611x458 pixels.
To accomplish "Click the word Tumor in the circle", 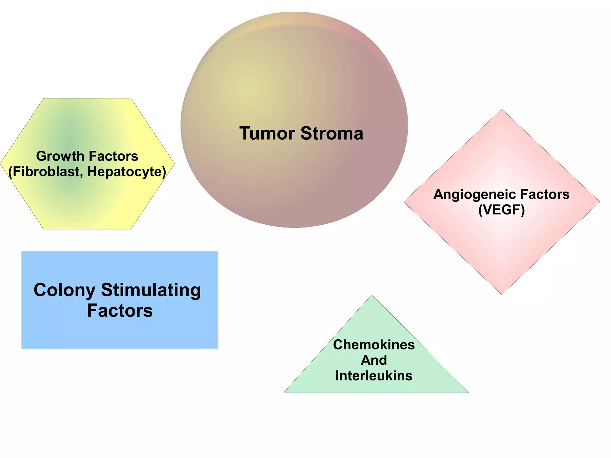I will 267,133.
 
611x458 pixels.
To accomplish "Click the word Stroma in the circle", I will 332,133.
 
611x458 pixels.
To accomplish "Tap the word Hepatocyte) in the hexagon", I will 127,172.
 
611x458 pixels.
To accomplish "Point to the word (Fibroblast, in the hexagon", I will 46,172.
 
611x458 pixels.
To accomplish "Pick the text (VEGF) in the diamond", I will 501,210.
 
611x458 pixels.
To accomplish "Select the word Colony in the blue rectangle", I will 64,290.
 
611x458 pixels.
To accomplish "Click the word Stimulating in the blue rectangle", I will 151,290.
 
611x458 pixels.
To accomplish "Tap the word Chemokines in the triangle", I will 374,345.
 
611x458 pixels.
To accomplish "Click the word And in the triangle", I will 374,360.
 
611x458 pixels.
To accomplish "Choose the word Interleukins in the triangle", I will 374,376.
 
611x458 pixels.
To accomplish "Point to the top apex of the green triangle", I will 372,295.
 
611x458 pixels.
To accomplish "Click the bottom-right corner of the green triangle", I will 468,392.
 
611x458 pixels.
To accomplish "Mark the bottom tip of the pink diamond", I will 502,294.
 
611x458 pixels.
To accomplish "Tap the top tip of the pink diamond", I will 502,110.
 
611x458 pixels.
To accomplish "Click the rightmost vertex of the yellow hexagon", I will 174,164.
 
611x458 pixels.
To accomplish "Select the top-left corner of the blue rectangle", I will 22,251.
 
